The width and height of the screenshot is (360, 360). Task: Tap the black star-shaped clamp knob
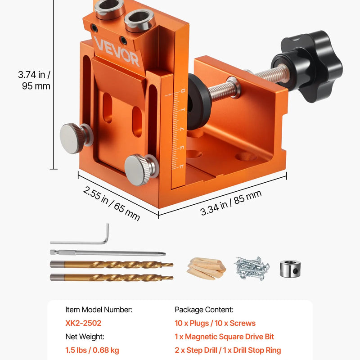point(308,66)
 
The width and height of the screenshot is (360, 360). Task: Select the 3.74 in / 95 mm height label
point(34,80)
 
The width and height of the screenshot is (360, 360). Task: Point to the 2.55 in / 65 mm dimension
point(111,203)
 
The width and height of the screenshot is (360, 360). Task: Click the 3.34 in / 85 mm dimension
point(231,202)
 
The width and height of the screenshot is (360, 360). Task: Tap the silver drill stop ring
point(290,269)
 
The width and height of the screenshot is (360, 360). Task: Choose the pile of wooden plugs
point(207,268)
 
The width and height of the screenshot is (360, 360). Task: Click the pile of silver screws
point(252,268)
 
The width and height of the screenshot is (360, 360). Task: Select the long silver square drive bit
point(108,253)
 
